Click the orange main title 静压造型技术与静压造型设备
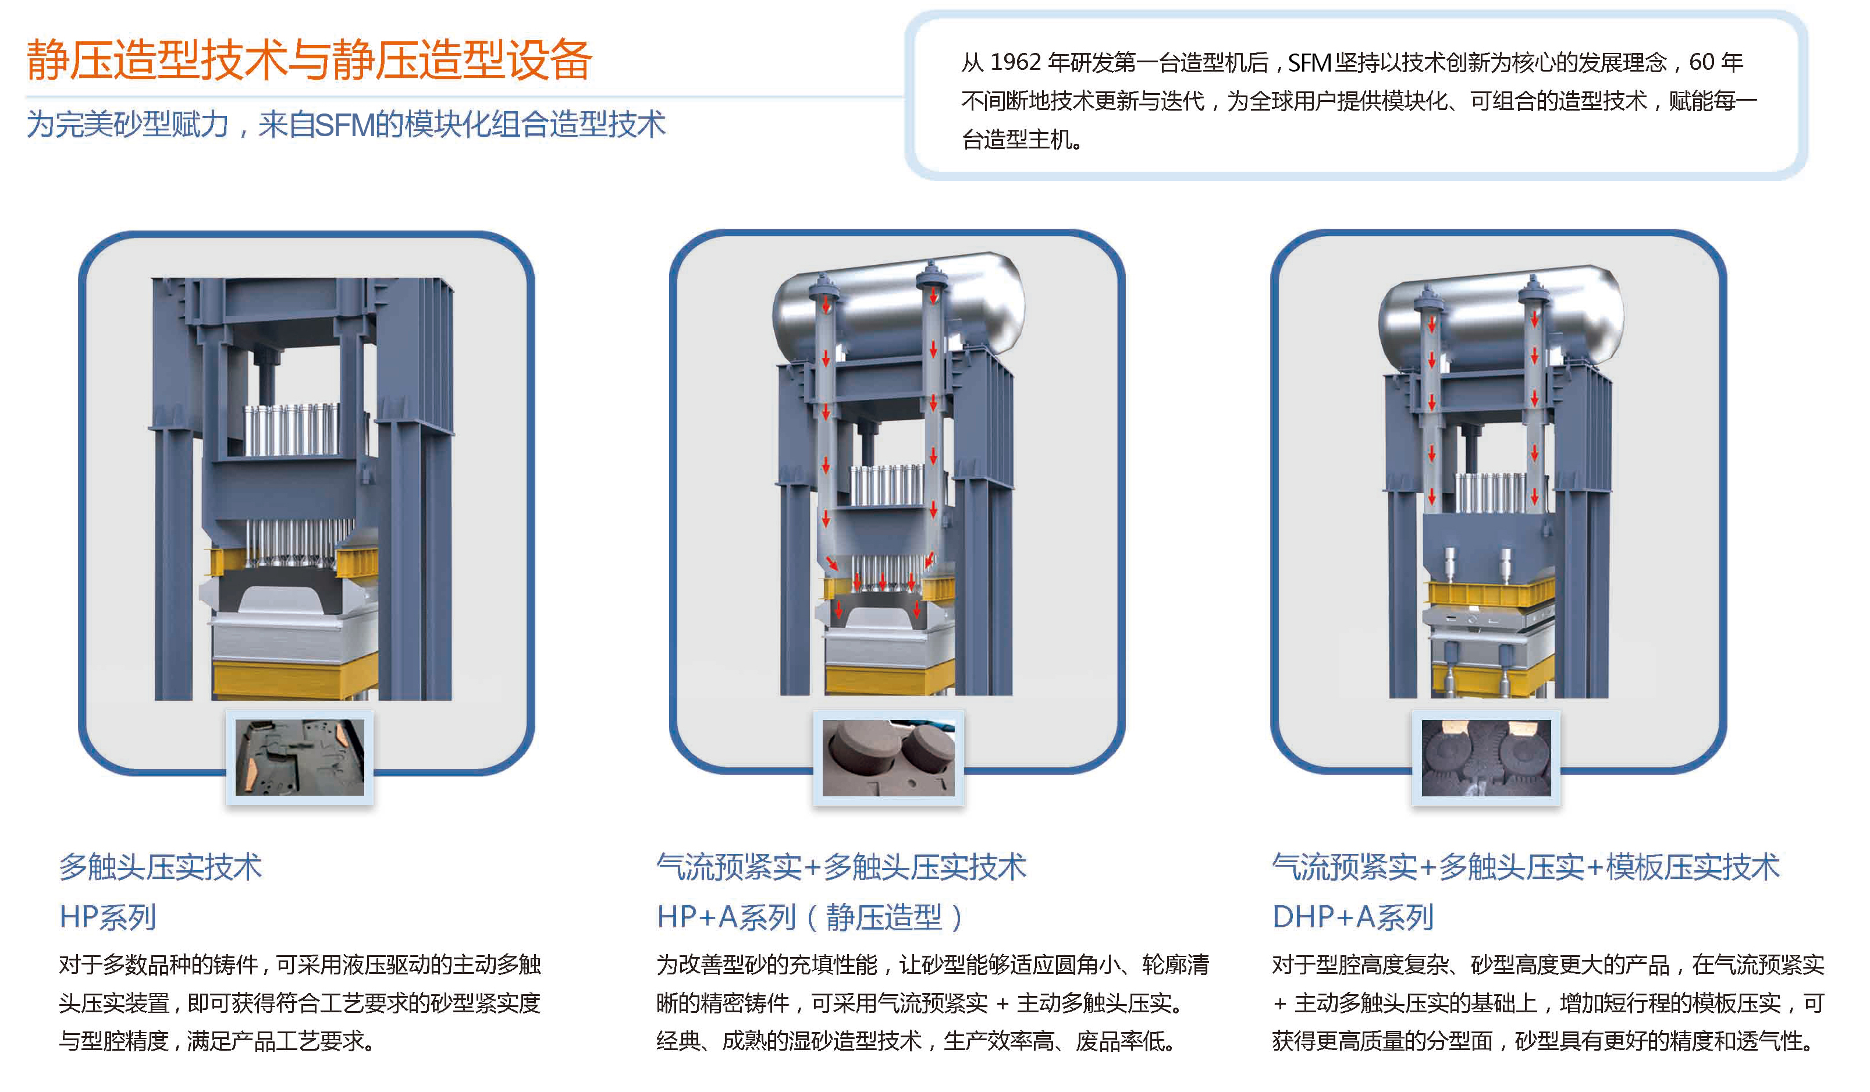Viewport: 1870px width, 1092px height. point(309,59)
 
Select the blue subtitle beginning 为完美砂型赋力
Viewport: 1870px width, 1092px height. point(346,124)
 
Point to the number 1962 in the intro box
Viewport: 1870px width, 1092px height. point(1015,62)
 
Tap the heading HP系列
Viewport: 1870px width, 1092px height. point(108,917)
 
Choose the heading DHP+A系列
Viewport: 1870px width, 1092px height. point(1353,917)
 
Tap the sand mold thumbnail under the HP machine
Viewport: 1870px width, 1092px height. point(300,757)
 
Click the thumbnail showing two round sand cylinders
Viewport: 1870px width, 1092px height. point(889,757)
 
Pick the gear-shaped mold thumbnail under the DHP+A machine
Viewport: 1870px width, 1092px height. point(1487,757)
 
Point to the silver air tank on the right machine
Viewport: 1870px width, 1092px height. point(1501,319)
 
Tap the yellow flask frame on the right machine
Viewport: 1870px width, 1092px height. point(1490,593)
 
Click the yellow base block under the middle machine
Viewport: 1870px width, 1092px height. point(890,679)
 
